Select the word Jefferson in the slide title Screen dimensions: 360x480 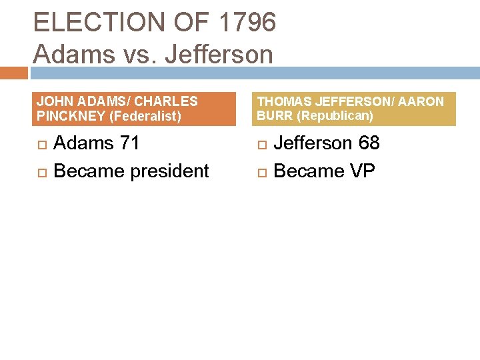pos(219,54)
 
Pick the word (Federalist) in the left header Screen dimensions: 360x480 pos(146,116)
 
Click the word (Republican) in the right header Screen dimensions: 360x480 pos(335,116)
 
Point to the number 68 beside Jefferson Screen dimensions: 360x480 pos(367,143)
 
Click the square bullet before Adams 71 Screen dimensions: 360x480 pos(41,144)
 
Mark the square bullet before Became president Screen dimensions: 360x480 pos(41,172)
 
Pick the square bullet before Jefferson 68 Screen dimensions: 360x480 pos(261,144)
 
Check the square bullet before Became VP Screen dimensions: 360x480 pos(261,172)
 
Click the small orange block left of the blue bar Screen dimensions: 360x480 pos(13,73)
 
